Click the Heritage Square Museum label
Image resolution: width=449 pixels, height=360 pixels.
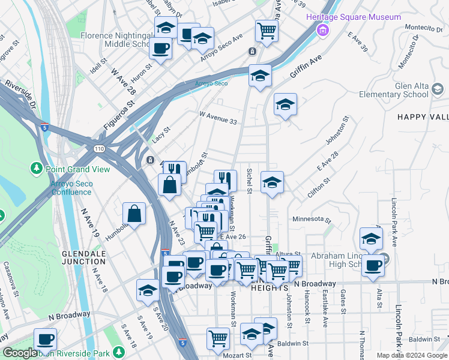tap(354, 17)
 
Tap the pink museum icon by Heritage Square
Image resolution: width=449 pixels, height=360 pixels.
tap(324, 29)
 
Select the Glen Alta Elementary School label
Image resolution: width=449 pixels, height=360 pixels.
tap(394, 90)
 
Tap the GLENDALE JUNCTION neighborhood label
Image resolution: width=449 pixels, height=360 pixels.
tap(84, 257)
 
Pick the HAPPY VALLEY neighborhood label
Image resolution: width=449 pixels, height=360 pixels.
tap(423, 117)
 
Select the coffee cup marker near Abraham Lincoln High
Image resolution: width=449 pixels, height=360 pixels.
tap(373, 265)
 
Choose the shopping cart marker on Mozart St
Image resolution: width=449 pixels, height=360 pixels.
tap(218, 338)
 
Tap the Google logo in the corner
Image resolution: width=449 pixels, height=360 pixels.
tap(20, 353)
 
